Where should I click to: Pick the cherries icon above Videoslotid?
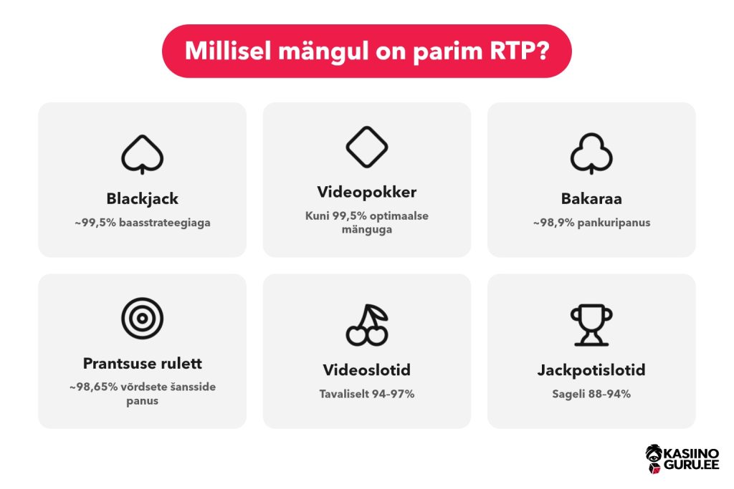(367, 325)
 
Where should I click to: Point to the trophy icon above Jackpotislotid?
(591, 325)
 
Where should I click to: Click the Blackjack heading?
(143, 199)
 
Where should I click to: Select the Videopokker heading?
(367, 192)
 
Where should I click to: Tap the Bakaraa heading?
(591, 199)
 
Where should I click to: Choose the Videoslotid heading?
(367, 369)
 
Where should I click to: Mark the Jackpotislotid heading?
(591, 370)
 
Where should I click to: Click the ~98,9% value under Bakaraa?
(554, 223)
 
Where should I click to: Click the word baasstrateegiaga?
(165, 223)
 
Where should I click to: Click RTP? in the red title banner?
(520, 51)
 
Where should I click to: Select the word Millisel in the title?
(228, 51)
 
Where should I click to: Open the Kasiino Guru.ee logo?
(682, 459)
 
